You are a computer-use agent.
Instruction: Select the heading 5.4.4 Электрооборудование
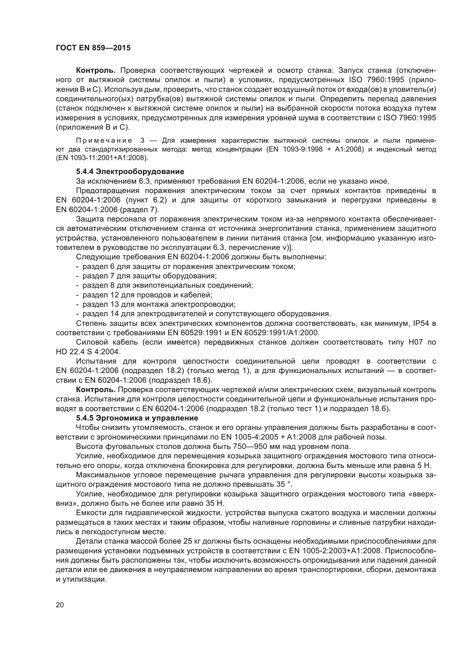[x=130, y=172]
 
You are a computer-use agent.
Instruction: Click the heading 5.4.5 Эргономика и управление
[x=137, y=418]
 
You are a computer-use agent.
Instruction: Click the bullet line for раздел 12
[x=147, y=295]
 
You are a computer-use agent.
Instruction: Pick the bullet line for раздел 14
[x=206, y=314]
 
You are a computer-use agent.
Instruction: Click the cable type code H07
[x=416, y=342]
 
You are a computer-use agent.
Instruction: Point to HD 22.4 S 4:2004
[x=88, y=352]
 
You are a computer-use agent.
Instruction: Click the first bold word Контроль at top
[x=96, y=71]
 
